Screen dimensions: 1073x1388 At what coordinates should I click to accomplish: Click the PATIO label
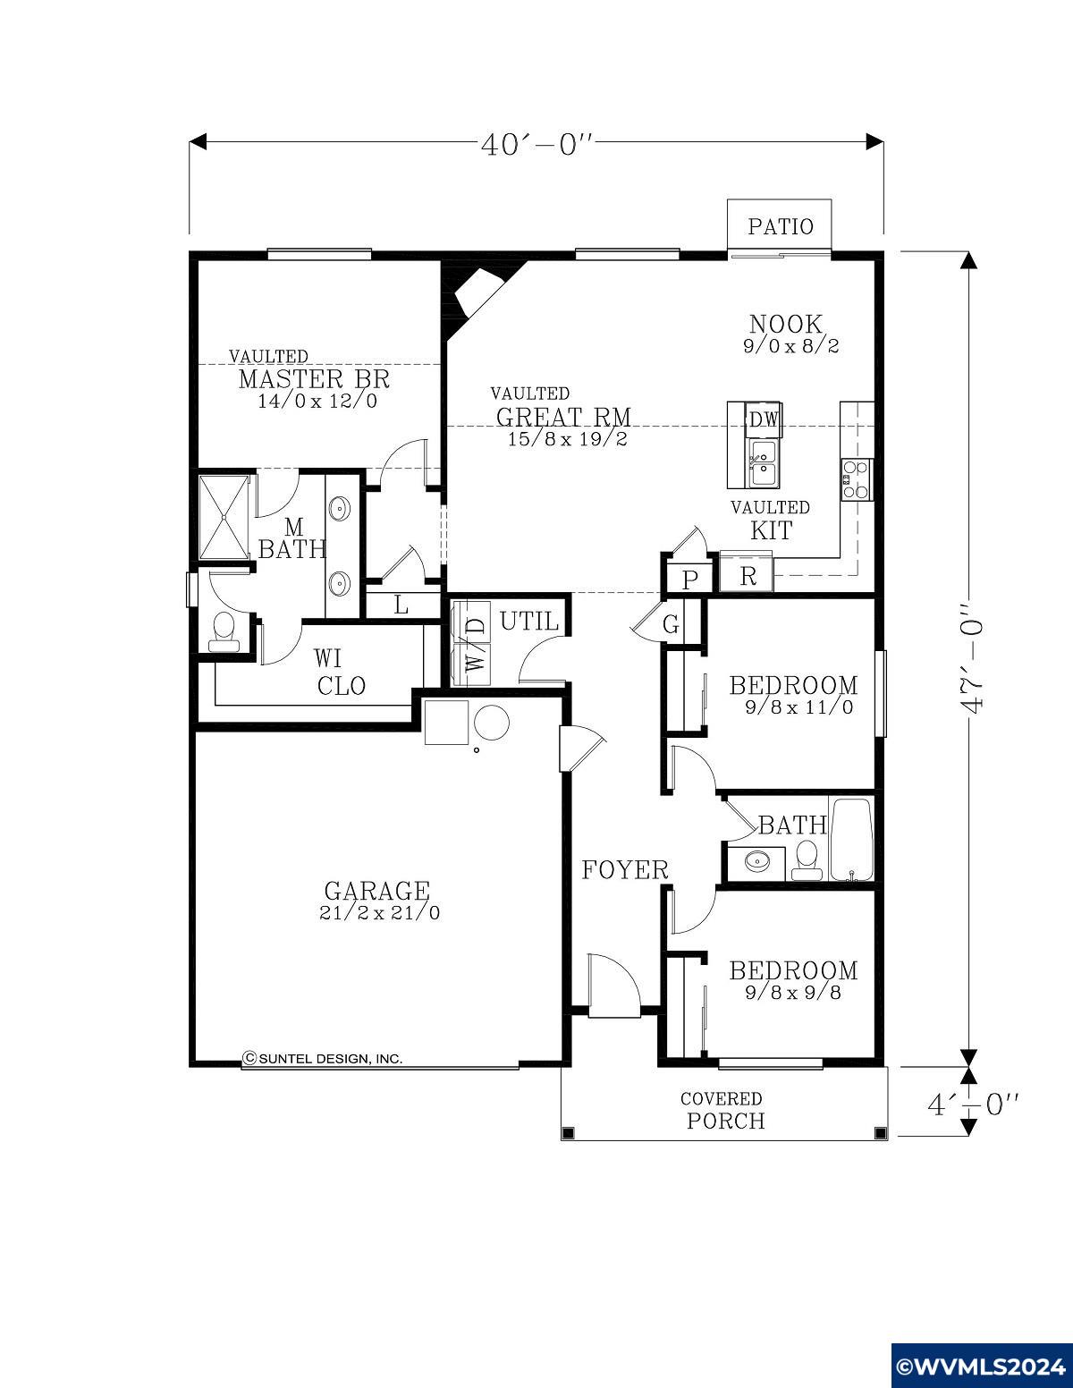tap(781, 226)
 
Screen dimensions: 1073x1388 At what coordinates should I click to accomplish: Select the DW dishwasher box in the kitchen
tap(764, 419)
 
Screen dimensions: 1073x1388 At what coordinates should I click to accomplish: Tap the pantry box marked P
tap(689, 580)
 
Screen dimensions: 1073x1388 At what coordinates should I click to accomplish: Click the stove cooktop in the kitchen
tap(857, 479)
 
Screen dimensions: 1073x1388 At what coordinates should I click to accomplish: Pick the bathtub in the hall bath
tap(851, 839)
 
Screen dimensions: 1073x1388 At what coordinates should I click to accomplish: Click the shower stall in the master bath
tap(224, 518)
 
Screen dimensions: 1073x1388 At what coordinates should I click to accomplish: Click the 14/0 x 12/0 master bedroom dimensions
tap(317, 402)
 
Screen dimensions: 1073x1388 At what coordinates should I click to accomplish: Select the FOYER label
tap(625, 869)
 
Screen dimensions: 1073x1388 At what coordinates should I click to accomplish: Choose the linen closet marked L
tap(401, 605)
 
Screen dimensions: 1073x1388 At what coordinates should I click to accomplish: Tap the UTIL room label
tap(529, 621)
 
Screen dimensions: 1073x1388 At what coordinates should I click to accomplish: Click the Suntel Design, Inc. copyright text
tap(323, 1058)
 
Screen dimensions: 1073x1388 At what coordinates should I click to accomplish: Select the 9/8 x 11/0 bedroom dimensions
tap(799, 707)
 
